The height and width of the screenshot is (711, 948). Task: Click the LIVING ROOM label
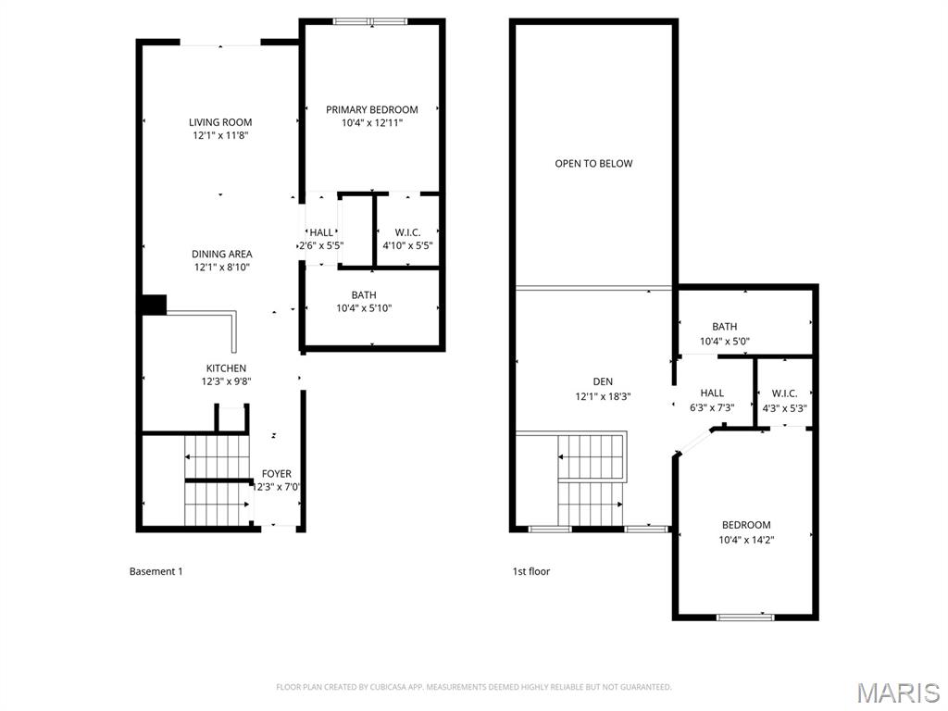220,122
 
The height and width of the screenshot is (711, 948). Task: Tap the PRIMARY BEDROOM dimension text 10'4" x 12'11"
371,122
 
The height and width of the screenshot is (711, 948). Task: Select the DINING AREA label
222,254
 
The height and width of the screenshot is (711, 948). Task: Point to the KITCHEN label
226,368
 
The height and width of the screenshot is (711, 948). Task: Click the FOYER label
277,474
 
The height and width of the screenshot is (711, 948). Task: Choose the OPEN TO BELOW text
593,164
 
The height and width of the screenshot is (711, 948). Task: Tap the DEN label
603,381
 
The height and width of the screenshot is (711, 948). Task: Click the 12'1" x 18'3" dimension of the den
603,395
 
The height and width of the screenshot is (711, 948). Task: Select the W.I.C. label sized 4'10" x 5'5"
408,232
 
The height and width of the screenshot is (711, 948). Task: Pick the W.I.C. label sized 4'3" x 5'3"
784,393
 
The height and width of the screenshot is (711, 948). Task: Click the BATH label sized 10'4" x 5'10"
364,295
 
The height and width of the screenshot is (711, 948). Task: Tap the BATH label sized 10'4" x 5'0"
725,327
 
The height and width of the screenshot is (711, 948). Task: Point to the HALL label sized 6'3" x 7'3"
713,393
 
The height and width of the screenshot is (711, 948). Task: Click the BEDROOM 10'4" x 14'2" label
745,525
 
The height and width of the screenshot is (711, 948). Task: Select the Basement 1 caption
156,571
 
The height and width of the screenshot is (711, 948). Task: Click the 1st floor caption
531,571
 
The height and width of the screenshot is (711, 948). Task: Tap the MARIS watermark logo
897,692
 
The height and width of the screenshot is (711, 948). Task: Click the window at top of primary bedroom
369,21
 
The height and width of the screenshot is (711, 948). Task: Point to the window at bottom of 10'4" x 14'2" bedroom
745,617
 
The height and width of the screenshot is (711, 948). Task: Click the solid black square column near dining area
153,305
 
